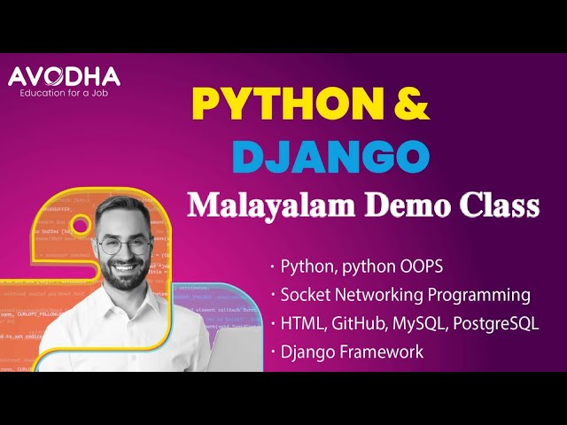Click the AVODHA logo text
pos(64,77)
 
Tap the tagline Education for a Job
pos(64,94)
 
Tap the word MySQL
pos(419,323)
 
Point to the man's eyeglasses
pos(122,245)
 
